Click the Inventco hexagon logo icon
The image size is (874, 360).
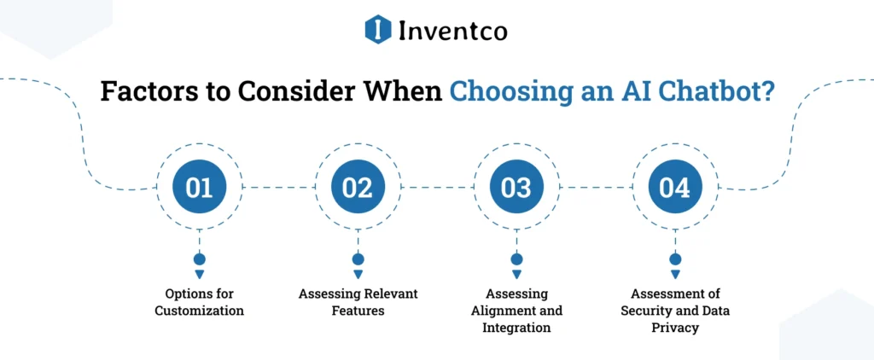[378, 30]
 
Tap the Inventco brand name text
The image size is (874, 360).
[452, 31]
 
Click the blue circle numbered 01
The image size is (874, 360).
[200, 187]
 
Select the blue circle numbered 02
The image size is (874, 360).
[358, 187]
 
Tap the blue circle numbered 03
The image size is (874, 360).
[516, 187]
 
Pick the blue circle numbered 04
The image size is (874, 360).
[674, 187]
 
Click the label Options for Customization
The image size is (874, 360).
[200, 302]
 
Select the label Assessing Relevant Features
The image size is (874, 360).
[358, 302]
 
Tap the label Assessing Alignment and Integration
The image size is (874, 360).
[516, 311]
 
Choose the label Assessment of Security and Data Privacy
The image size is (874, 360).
[674, 311]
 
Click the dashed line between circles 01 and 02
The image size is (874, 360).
[278, 187]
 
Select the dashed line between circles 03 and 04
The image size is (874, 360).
[595, 187]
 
